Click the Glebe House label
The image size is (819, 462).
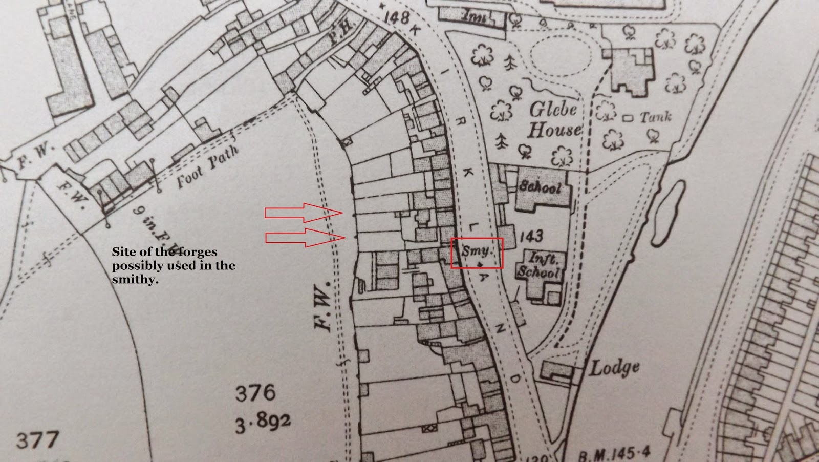(x=554, y=119)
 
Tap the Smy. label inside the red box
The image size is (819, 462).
(x=477, y=251)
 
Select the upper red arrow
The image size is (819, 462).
(x=303, y=212)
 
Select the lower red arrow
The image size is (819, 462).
(x=304, y=238)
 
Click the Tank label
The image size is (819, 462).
(x=656, y=117)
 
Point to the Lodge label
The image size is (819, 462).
(x=615, y=367)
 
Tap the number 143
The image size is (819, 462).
(x=531, y=236)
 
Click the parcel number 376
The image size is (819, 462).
(x=255, y=393)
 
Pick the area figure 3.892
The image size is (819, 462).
(x=263, y=422)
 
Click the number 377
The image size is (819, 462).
(x=37, y=440)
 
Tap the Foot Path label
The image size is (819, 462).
(x=207, y=167)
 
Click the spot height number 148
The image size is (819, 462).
(x=396, y=17)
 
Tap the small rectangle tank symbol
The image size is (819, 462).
(x=628, y=118)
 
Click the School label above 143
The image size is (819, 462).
(x=541, y=186)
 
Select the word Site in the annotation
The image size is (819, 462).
(x=122, y=252)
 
